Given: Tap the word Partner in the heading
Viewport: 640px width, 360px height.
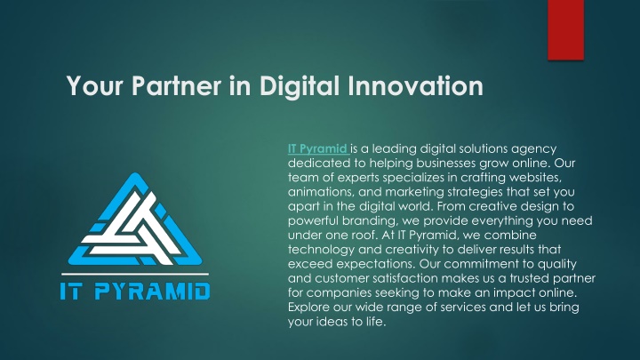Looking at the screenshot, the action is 176,86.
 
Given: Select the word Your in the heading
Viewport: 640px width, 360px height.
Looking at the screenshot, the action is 95,86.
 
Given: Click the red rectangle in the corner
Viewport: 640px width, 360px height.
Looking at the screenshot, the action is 565,30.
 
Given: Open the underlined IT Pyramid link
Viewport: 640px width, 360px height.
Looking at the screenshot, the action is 317,148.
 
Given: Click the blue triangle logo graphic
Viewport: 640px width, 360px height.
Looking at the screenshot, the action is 135,220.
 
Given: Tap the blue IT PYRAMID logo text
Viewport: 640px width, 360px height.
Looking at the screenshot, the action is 135,292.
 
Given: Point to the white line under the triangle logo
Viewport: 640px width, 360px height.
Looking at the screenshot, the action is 135,274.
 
